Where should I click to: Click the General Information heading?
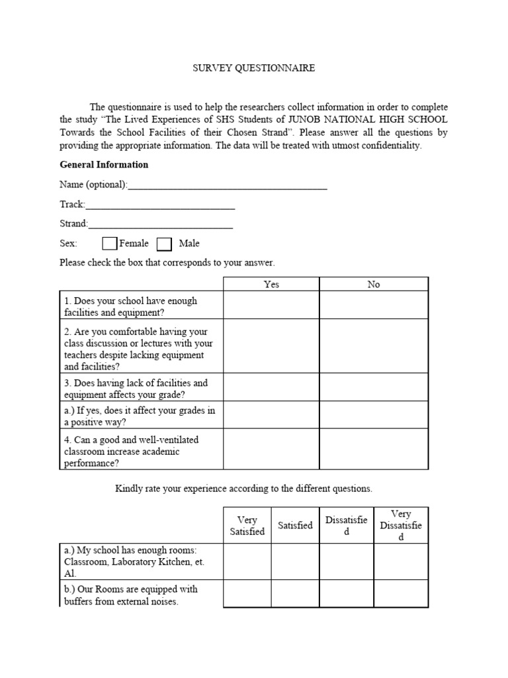tap(104, 165)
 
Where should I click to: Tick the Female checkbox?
tap(110, 244)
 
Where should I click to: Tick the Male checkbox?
tap(165, 244)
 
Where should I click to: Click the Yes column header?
tap(271, 285)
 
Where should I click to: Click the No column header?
tap(374, 285)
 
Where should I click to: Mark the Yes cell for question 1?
tap(271, 305)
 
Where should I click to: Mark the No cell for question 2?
tap(374, 346)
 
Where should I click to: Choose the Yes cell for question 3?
tap(271, 387)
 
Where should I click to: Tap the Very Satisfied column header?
tap(247, 526)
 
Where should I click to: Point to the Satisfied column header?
tap(295, 526)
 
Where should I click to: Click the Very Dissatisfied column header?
tap(401, 526)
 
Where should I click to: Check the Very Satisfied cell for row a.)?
tap(247, 561)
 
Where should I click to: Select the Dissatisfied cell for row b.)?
tap(346, 594)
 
